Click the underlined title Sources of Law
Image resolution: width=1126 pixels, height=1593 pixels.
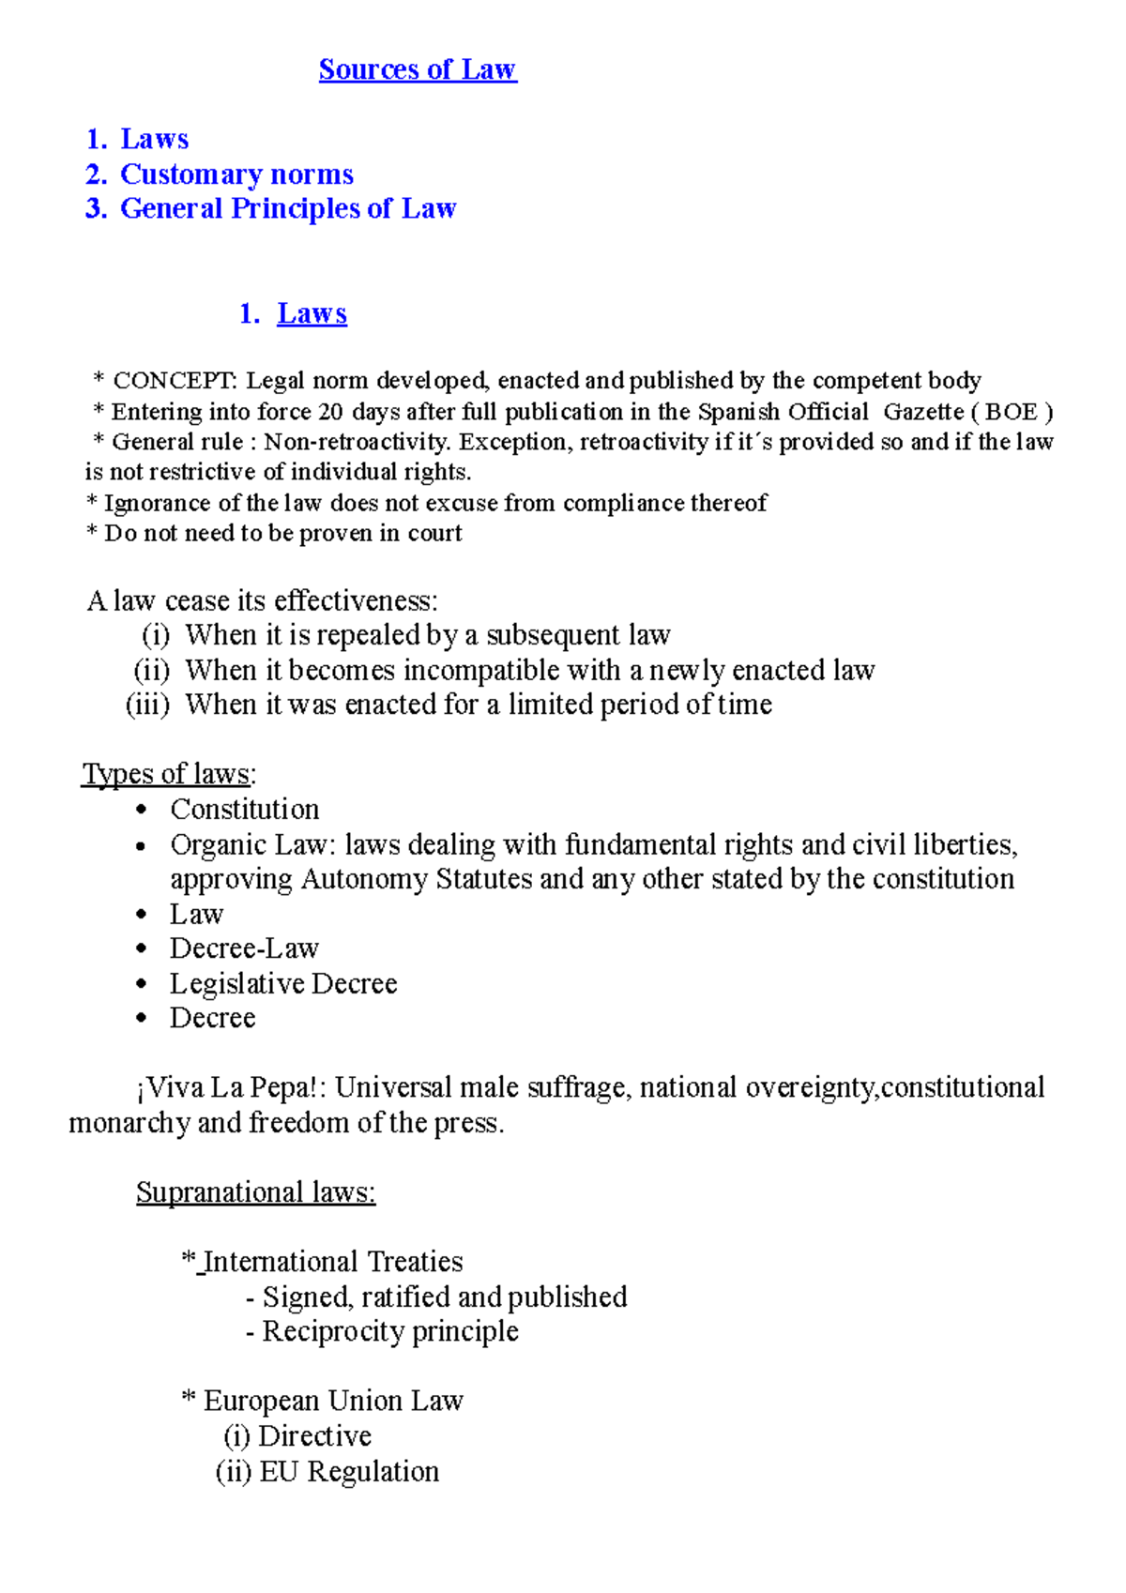coord(418,69)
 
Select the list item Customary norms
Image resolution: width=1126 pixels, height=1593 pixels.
coord(236,174)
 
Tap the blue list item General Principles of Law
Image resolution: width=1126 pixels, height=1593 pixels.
coord(288,208)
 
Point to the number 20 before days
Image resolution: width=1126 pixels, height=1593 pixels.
coord(330,412)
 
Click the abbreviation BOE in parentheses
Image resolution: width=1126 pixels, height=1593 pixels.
coord(1011,412)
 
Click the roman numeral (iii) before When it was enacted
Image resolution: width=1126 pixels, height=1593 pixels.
coord(148,705)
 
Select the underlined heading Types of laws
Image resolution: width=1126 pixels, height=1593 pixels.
coord(167,774)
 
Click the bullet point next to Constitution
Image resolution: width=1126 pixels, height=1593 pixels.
coord(142,811)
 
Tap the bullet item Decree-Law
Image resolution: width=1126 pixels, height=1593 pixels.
coord(244,948)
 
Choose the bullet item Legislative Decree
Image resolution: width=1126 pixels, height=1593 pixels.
coord(283,984)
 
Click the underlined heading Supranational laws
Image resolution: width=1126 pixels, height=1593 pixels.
coord(255,1192)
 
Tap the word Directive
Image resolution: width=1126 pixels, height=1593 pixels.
coord(314,1436)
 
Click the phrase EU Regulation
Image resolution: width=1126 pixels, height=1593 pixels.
coord(349,1472)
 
